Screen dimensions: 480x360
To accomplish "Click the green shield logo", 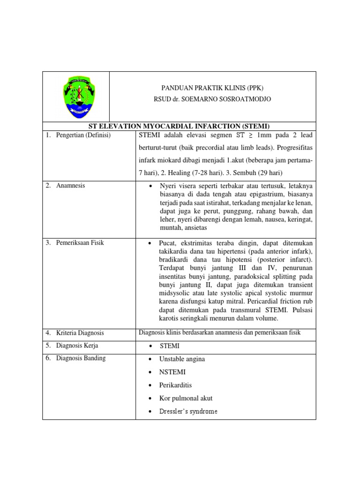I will pos(75,96).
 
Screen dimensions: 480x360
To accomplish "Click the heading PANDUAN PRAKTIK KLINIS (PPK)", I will pos(212,88).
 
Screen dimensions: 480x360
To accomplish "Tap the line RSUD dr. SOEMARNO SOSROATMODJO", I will pos(212,99).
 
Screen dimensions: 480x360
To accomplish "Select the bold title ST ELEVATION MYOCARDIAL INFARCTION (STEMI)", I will pos(180,126).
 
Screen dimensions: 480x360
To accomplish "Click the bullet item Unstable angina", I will pos(182,359).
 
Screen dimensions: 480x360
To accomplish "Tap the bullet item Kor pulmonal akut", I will pos(186,398).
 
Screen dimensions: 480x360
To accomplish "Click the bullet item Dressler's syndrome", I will pos(188,411).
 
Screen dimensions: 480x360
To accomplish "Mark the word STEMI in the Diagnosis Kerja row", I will pos(169,346).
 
